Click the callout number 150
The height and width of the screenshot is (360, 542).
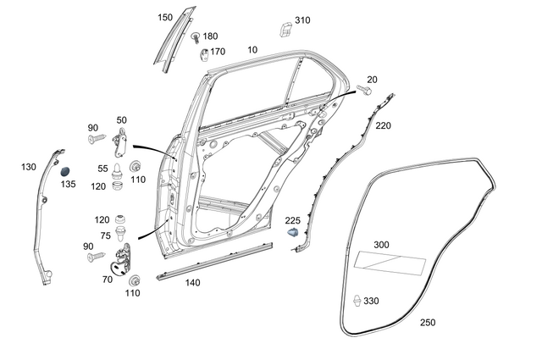[165, 17]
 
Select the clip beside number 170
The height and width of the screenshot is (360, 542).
[203, 55]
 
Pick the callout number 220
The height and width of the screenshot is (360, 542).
[384, 125]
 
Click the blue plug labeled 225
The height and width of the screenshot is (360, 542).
[293, 231]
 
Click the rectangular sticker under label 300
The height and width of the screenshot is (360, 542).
[390, 263]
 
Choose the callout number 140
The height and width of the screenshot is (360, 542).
[193, 283]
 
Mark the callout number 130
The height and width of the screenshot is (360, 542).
[29, 168]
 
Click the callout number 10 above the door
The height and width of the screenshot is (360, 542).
[252, 51]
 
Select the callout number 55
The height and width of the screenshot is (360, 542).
[102, 169]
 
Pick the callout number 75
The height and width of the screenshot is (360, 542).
[105, 236]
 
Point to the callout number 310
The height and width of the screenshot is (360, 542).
[302, 19]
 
